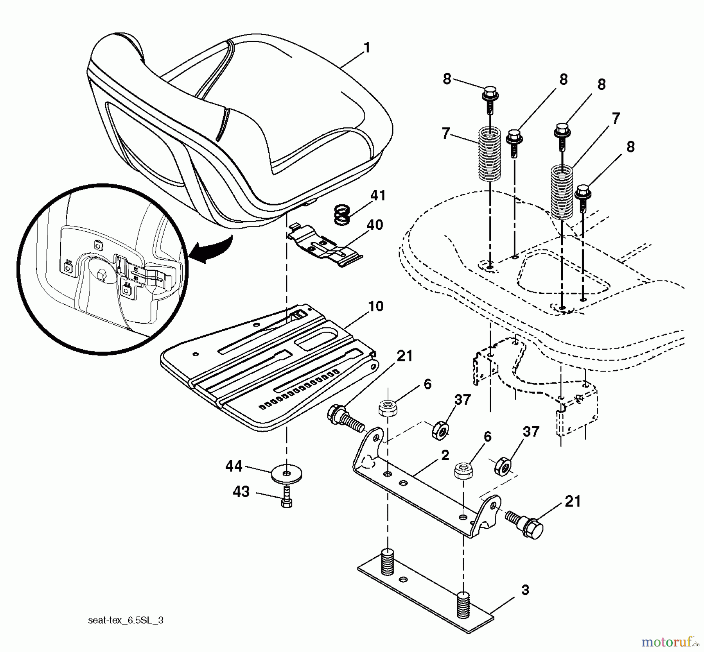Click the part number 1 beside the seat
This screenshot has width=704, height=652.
[x=366, y=48]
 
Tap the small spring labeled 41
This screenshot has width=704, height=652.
[x=342, y=216]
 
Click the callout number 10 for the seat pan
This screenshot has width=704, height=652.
[x=376, y=306]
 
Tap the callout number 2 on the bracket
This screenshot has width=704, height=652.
[x=445, y=456]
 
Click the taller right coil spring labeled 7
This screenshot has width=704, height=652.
[x=562, y=192]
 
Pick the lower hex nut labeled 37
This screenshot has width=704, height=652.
[x=503, y=466]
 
